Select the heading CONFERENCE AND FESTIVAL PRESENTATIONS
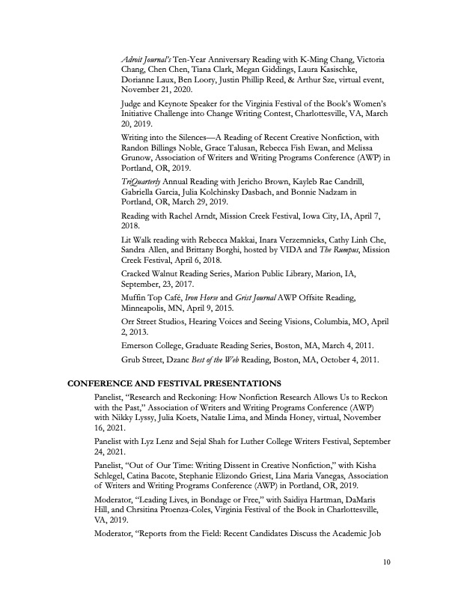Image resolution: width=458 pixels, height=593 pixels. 174,383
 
